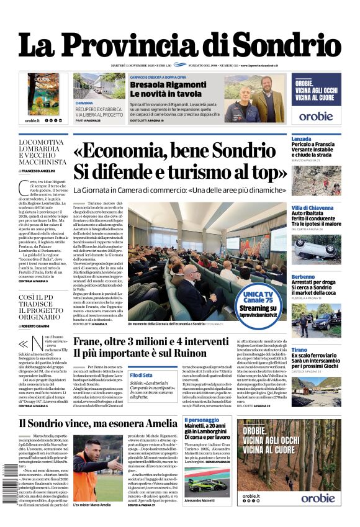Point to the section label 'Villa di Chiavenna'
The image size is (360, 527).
(x=314, y=207)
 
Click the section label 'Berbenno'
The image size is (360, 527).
(x=304, y=277)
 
